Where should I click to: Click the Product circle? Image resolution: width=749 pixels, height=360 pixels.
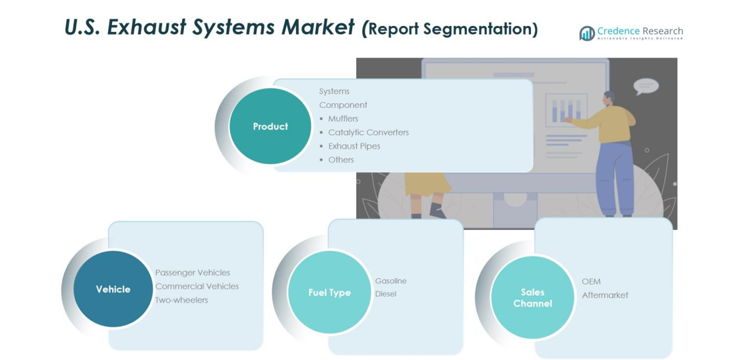(270, 126)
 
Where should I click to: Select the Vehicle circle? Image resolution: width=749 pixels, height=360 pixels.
(113, 289)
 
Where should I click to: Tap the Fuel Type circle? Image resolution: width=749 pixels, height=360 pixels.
(329, 292)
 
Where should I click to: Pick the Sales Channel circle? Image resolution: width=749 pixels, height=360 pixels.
(532, 297)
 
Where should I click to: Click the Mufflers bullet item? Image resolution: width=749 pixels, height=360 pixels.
(343, 119)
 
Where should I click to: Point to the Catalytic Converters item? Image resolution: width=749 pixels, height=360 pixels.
(368, 132)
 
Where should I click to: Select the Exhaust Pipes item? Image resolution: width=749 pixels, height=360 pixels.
(353, 146)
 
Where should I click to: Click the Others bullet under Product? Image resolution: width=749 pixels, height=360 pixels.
(341, 160)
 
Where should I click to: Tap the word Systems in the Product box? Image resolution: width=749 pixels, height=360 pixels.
(334, 91)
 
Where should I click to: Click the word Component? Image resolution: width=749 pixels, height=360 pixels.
(343, 105)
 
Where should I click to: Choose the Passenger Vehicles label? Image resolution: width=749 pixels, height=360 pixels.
(193, 273)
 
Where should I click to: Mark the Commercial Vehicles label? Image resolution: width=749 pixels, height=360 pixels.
(197, 286)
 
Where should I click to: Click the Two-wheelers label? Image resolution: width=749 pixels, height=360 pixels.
(181, 300)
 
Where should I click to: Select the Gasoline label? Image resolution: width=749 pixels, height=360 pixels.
(391, 281)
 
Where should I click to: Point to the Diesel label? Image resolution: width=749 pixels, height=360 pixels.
(386, 293)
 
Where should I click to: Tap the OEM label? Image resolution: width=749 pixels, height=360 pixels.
(591, 281)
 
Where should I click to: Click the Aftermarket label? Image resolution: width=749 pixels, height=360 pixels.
(605, 295)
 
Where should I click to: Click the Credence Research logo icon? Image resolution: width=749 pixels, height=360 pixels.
(587, 33)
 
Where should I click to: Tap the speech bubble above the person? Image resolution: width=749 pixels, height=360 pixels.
(646, 86)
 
